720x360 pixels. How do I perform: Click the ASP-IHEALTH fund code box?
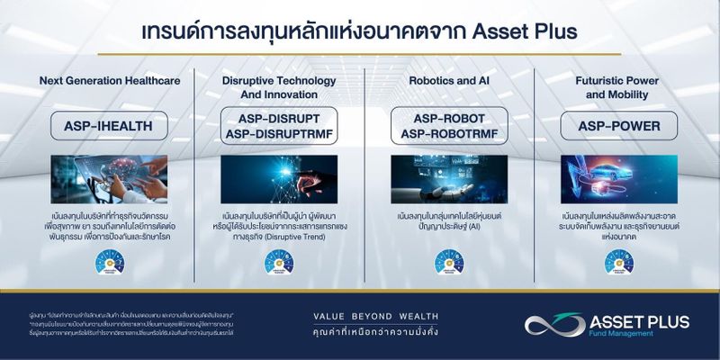click(109, 125)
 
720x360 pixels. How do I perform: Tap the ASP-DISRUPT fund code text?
click(278, 118)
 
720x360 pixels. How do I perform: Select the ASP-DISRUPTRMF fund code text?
click(278, 134)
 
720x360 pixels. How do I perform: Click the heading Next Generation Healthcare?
click(110, 81)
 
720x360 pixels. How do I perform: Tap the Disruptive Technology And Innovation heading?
click(278, 87)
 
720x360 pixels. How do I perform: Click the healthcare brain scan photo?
click(109, 179)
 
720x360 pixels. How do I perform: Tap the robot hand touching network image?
click(278, 179)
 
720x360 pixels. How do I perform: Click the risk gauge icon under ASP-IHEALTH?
click(109, 262)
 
